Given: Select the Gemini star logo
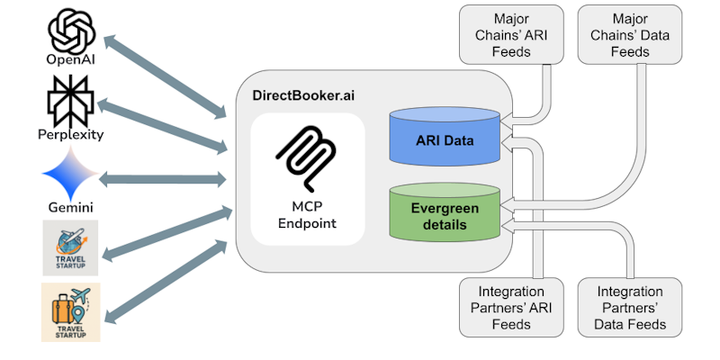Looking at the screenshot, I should click(x=70, y=170).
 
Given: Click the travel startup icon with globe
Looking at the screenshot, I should click(x=70, y=243).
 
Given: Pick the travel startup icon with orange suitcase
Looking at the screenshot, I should click(x=70, y=311).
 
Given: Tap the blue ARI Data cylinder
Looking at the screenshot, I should click(x=444, y=139).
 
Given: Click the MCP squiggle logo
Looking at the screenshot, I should click(x=307, y=154).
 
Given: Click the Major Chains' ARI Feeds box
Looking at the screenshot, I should click(x=512, y=35).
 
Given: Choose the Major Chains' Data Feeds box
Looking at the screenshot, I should click(x=628, y=35).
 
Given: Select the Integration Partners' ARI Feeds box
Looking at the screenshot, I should click(x=512, y=308).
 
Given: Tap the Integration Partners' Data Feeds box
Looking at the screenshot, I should click(x=629, y=308).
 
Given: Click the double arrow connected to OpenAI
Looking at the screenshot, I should click(x=166, y=76).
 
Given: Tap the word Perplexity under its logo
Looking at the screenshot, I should click(x=71, y=135).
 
